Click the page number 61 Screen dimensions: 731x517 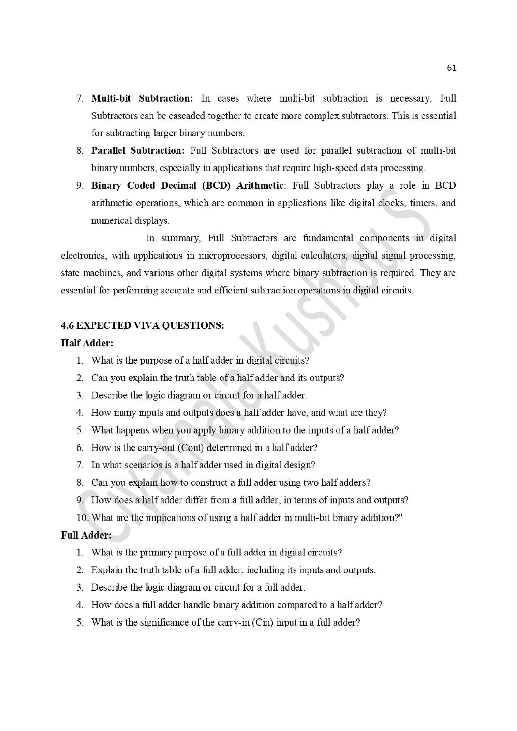(451, 68)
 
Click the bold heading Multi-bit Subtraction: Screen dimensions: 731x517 (142, 98)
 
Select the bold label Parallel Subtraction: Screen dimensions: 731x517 (138, 150)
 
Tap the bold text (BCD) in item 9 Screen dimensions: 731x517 (216, 185)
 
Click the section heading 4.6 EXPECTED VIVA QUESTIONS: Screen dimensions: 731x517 (142, 325)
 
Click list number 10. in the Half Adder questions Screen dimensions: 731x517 (83, 517)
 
